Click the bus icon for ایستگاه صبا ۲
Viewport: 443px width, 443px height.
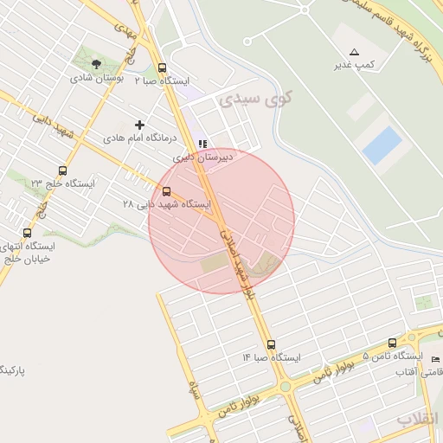tap(162, 67)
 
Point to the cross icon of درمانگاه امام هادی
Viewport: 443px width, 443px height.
tap(139, 125)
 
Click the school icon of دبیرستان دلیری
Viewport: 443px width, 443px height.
tap(202, 144)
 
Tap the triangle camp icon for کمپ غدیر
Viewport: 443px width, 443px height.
tap(354, 53)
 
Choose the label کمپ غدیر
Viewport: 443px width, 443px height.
tap(355, 65)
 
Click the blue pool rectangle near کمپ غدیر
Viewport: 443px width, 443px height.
tap(382, 144)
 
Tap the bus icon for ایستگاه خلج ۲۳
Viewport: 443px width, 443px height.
tap(61, 170)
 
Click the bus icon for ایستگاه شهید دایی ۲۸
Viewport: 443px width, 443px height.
tap(166, 191)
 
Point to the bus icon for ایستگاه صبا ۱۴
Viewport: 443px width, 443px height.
tap(271, 343)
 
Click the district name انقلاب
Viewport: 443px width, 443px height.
tap(419, 419)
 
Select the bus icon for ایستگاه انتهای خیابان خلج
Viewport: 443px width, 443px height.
tap(28, 232)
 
